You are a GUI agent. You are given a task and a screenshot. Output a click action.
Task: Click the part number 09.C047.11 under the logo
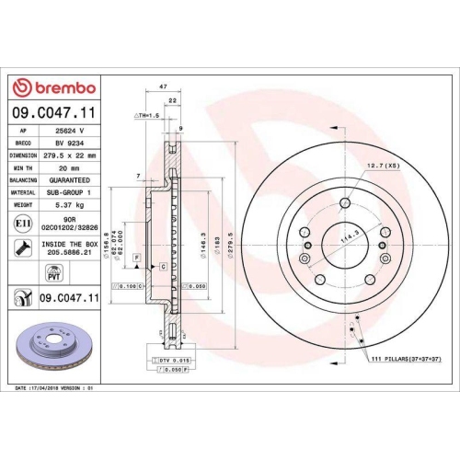(x=54, y=111)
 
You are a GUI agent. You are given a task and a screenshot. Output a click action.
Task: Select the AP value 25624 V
(x=69, y=131)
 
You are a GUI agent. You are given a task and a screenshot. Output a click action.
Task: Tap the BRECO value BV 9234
(x=69, y=144)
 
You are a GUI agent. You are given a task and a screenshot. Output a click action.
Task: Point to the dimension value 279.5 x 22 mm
(x=74, y=156)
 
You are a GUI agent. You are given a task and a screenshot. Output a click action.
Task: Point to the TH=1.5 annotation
(x=147, y=116)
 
